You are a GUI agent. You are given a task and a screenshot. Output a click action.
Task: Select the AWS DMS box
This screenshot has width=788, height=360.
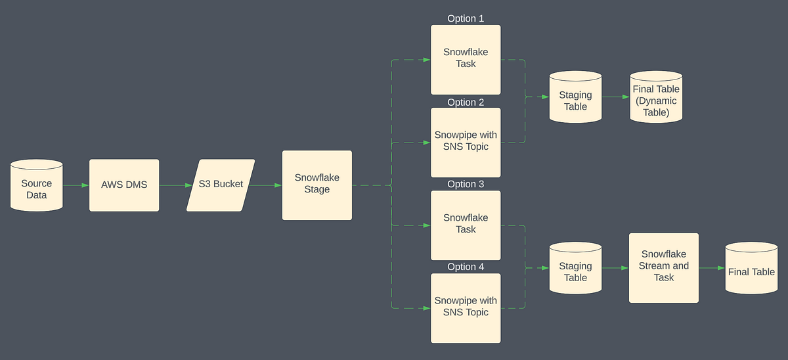point(124,185)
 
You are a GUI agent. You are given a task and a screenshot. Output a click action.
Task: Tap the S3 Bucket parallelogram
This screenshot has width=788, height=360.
point(221,185)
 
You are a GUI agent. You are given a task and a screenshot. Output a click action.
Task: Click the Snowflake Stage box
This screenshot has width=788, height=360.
point(317,185)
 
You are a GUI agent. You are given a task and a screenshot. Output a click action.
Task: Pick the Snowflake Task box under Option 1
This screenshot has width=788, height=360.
point(466,59)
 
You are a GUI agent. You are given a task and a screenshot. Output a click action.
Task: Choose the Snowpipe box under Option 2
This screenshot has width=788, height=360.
point(466,142)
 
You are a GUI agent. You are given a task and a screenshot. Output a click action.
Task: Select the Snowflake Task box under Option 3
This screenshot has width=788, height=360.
point(466,225)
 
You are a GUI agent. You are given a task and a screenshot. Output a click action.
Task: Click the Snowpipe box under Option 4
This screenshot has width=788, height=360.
point(466,307)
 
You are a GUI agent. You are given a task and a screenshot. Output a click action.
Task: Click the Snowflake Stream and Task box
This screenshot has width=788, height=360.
point(664,267)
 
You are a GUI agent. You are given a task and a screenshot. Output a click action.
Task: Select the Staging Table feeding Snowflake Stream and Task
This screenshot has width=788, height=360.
point(575,269)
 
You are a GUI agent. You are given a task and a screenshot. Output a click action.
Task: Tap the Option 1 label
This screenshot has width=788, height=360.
point(466,18)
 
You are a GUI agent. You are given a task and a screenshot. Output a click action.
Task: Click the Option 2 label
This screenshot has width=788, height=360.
point(466,102)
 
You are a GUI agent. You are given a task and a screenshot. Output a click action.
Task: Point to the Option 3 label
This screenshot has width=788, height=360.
point(466,184)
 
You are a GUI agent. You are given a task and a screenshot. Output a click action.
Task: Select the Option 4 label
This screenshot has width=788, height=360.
point(466,267)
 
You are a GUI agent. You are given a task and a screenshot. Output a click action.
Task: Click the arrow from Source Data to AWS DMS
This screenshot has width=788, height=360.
point(76,185)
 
